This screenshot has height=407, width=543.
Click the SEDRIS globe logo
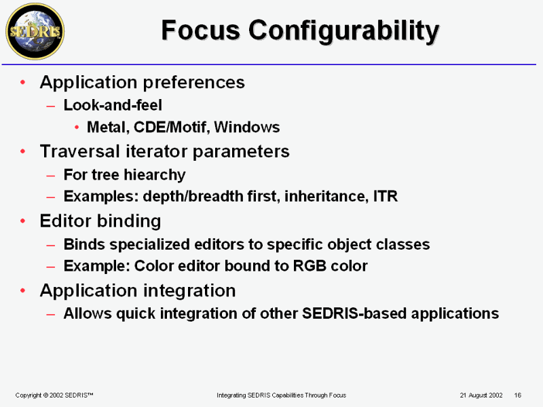point(35,31)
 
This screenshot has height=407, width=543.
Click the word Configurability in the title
point(344,31)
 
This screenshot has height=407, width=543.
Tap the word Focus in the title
point(200,30)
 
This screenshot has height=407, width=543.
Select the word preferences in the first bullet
point(194,83)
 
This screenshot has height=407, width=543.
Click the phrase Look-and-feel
point(113,105)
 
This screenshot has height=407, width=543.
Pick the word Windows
point(247,127)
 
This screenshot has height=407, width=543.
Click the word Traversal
point(80,151)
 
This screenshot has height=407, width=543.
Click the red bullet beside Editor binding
point(23,221)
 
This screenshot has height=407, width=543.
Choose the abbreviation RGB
point(310,266)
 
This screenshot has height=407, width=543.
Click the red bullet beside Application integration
point(23,290)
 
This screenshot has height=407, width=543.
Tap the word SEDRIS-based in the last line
point(354,313)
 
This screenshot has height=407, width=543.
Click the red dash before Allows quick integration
point(50,315)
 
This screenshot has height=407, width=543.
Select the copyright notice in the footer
point(54,395)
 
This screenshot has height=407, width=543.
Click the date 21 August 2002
point(481,395)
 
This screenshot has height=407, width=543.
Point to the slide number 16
point(518,395)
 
